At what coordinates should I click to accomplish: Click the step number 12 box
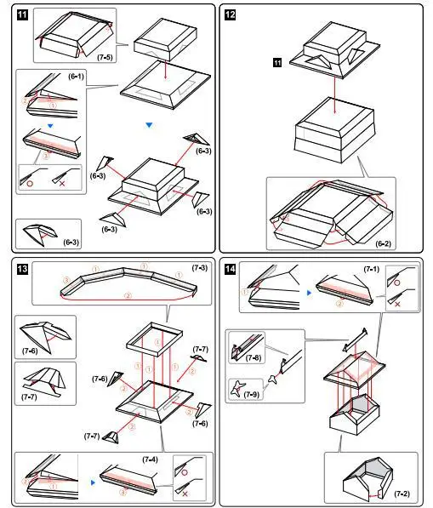point(230,15)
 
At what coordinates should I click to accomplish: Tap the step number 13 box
point(22,269)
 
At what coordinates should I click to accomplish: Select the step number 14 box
point(230,269)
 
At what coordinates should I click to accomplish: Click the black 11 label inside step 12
point(277,62)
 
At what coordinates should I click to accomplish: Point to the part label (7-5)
point(105,57)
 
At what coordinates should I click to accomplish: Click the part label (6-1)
point(76,77)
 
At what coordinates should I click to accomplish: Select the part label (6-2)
point(383,243)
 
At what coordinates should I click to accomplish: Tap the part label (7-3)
point(200,268)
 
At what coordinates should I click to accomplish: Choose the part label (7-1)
point(372,269)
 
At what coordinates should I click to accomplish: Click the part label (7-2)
point(402,494)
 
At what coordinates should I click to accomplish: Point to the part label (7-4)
point(150,459)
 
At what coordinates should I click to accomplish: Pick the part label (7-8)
point(253,357)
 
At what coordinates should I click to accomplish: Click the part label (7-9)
point(251,395)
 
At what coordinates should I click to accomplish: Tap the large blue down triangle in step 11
point(149,125)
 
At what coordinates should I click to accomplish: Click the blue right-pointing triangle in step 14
point(309,293)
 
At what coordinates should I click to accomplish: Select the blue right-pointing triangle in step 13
point(94,482)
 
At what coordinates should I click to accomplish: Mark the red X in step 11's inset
point(62,184)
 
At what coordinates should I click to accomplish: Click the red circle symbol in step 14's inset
point(397,283)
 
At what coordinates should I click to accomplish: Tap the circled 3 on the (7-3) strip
point(66,280)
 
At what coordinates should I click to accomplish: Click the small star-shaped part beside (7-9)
point(273,379)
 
